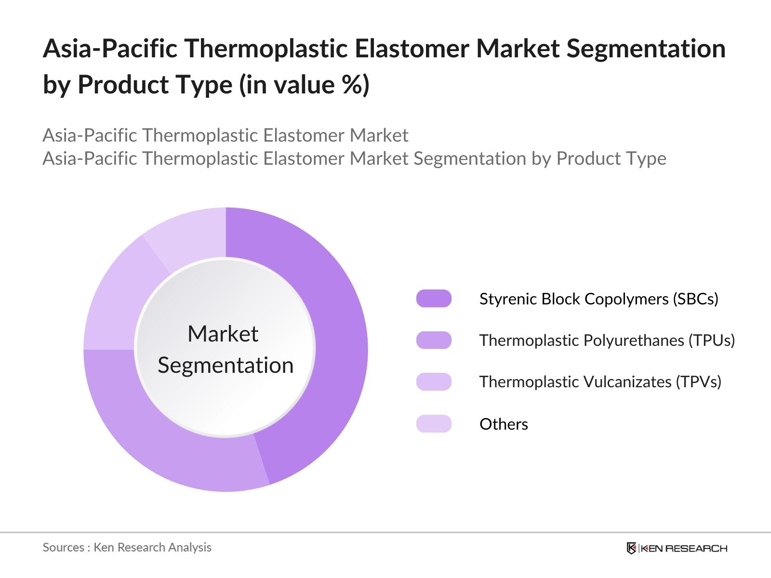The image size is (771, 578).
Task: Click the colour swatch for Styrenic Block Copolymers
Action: coord(434,299)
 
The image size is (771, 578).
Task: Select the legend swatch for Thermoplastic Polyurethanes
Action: coord(434,340)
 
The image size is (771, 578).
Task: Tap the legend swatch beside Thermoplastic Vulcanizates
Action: coord(434,381)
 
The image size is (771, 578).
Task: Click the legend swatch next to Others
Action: coord(434,424)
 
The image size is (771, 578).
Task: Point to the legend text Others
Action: coord(504,424)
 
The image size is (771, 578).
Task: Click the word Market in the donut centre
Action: coord(223,334)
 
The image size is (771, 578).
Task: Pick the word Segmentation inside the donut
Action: coord(226,365)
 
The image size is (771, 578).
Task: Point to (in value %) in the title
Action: coord(304,85)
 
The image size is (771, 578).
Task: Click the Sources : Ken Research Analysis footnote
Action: coord(127,547)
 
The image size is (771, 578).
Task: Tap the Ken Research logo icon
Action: coord(631,548)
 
